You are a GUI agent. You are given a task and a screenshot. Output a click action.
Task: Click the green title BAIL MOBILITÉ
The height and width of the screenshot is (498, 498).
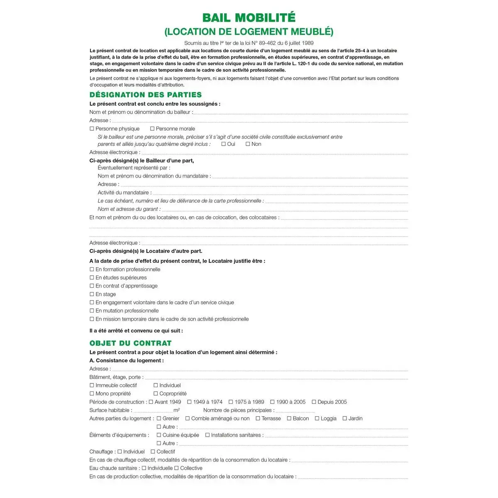tap(249, 18)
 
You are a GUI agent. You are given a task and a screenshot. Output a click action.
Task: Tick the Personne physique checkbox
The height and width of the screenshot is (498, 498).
tap(92, 129)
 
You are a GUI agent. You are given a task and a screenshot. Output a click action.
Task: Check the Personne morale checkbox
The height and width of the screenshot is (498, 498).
tap(152, 129)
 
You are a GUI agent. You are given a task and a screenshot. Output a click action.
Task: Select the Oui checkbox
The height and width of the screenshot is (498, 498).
tap(224, 144)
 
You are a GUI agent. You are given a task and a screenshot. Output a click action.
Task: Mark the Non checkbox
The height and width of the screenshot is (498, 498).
tap(248, 144)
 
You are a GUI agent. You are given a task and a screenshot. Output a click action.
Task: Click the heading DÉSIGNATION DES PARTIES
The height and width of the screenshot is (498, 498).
tap(146, 95)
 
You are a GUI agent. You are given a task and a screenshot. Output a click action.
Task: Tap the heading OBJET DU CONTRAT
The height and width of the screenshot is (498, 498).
tap(130, 343)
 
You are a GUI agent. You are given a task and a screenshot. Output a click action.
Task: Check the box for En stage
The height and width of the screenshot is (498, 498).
tap(92, 294)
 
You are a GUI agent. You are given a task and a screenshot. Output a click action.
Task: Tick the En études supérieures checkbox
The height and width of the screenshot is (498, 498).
tap(92, 278)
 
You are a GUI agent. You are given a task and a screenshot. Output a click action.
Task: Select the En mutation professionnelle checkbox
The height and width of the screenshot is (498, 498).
tap(92, 311)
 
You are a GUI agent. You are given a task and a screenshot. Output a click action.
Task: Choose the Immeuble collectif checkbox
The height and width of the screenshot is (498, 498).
tap(92, 386)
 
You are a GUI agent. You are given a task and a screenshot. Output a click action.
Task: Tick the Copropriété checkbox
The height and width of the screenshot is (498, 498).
tap(156, 394)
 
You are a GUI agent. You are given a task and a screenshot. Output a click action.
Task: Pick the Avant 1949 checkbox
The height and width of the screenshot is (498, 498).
tap(151, 402)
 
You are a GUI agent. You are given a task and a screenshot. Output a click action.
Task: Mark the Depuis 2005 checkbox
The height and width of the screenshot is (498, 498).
tap(314, 402)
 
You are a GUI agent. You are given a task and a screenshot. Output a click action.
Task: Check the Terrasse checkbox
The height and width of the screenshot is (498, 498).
tap(258, 419)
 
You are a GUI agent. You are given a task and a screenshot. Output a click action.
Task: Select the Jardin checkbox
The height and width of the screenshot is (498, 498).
tap(345, 419)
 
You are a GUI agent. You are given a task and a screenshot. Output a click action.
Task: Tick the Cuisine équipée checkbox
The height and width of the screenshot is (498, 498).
tap(159, 435)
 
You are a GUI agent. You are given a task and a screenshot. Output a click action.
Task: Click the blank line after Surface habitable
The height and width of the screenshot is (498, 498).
tap(153, 411)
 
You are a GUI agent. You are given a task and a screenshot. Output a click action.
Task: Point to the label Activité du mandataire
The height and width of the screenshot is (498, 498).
tap(124, 193)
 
